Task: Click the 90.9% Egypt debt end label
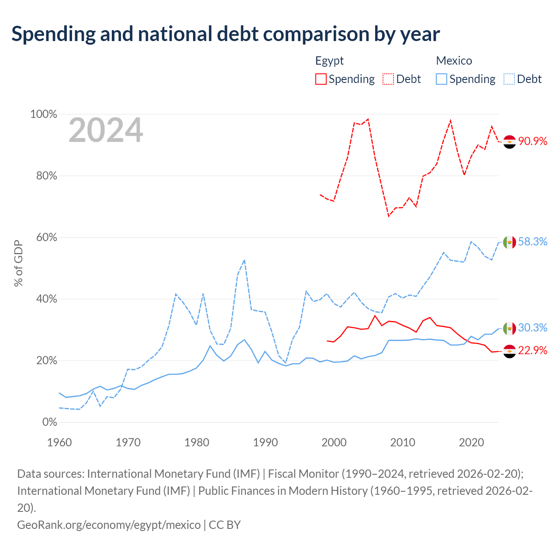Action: click(x=532, y=141)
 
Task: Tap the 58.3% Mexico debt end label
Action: click(x=532, y=242)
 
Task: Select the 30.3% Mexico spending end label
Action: click(x=532, y=328)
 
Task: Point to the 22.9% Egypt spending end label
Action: click(x=532, y=350)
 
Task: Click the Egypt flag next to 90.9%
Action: click(x=509, y=142)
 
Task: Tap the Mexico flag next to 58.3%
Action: click(x=509, y=242)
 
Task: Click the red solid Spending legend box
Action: click(x=321, y=79)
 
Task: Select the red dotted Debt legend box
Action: click(x=388, y=79)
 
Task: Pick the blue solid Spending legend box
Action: click(x=441, y=79)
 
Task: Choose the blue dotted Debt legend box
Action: click(x=509, y=79)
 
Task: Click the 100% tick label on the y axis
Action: click(x=44, y=114)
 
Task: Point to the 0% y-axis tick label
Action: click(x=50, y=422)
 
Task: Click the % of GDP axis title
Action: click(x=18, y=263)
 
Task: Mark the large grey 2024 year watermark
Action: click(x=106, y=130)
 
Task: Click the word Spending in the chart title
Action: click(x=53, y=35)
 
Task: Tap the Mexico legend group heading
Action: click(x=454, y=61)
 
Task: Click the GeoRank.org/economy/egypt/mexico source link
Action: click(x=109, y=525)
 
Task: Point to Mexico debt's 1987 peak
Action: click(x=245, y=260)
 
